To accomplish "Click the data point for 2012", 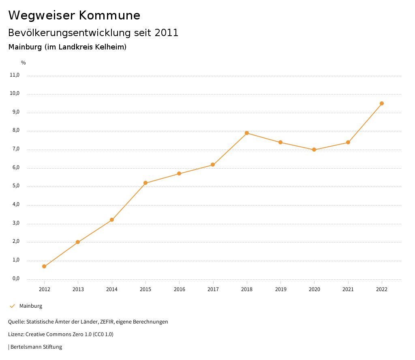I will tap(44, 266).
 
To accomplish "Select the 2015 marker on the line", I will tap(145, 183).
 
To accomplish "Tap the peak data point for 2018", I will tap(247, 133).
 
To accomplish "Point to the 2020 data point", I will tap(314, 150).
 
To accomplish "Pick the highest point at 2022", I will tap(382, 103).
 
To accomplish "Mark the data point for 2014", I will tap(112, 220).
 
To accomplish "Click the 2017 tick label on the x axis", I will tap(213, 289).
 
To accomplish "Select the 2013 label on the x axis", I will tap(78, 289).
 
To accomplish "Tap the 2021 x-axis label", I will tap(348, 289).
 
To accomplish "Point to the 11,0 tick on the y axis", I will tap(15, 75).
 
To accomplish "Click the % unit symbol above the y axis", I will tap(24, 63).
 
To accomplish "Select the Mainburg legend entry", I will tap(31, 306).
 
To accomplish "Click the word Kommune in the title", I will tap(109, 15).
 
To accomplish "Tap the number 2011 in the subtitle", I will tap(167, 33).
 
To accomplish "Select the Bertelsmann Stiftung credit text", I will tap(36, 347).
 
